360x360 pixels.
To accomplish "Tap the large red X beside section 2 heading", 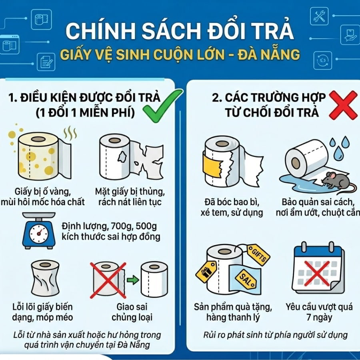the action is point(343,105).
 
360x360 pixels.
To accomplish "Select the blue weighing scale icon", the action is point(39,230).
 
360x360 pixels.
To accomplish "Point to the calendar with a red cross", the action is point(318,268).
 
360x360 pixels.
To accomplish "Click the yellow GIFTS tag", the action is point(258,255).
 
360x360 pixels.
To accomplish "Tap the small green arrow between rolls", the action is point(133,280).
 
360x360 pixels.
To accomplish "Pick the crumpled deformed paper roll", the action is point(45,278).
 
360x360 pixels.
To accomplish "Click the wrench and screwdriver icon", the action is point(319,16).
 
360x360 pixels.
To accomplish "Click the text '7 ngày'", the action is point(319,318).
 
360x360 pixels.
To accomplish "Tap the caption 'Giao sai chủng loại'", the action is point(132,312).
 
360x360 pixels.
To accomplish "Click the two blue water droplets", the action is point(339,146).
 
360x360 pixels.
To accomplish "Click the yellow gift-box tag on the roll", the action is point(206,271).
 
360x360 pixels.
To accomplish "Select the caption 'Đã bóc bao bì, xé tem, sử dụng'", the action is point(232,208).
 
